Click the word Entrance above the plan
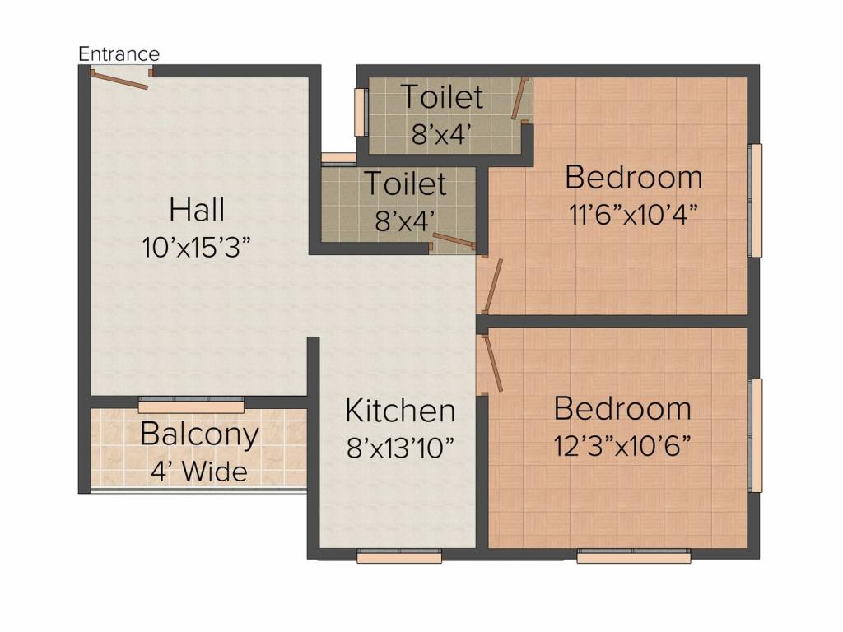119,53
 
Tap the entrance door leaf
120,80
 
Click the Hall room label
197,209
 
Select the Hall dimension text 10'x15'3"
197,248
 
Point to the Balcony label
199,435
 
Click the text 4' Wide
199,472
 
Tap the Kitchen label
400,411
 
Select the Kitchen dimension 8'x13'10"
400,447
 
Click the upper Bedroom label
634,178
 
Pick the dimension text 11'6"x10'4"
634,215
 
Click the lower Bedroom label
622,408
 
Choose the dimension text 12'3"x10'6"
622,445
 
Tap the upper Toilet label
442,97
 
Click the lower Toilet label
405,184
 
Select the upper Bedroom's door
492,286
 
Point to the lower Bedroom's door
493,363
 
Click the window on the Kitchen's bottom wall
399,556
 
